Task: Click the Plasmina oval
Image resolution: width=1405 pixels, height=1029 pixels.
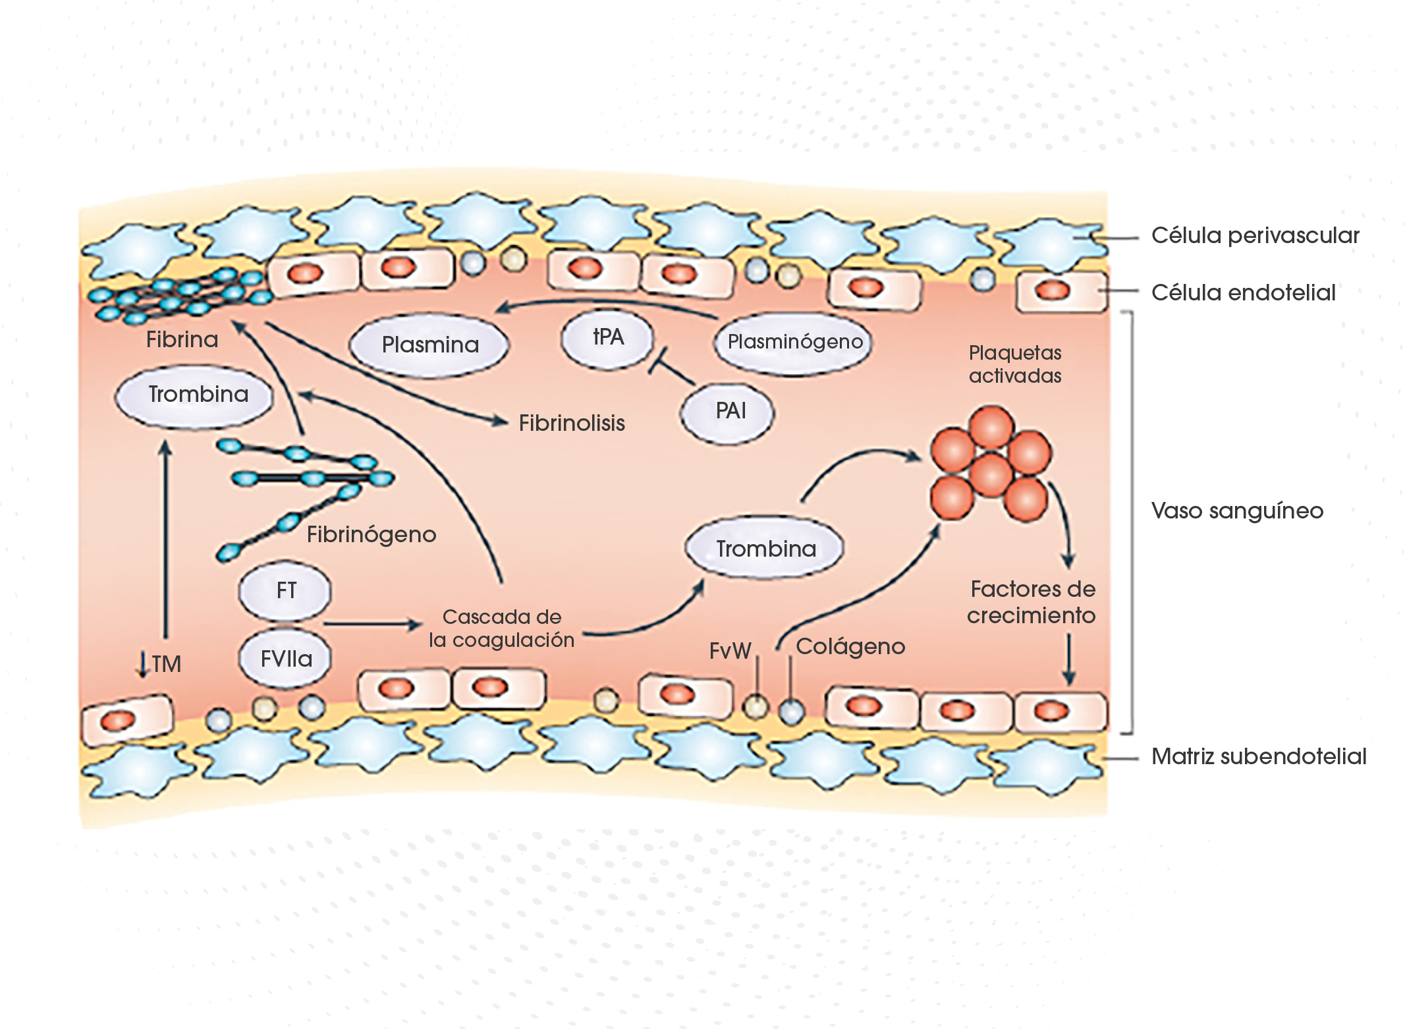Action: pos(429,345)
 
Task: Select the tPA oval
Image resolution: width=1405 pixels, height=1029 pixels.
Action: pos(607,337)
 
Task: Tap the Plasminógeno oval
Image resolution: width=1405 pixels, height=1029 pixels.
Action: pos(794,342)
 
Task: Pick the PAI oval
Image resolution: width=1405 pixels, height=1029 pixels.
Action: pos(730,412)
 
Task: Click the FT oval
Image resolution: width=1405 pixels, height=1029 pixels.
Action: pos(286,591)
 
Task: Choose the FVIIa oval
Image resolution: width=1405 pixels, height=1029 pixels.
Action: pos(286,659)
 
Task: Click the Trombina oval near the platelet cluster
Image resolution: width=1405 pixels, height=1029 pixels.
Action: pos(765,549)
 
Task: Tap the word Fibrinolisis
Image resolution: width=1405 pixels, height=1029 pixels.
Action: pos(571,423)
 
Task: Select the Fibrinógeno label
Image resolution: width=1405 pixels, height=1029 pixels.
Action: pos(372,534)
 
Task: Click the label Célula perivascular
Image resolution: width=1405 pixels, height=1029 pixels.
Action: pos(1255,236)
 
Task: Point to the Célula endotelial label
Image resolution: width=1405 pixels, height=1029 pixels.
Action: pos(1243,292)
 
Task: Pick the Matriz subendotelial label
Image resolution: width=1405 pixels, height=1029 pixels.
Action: pos(1258,756)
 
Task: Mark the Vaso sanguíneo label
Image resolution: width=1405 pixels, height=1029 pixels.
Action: pos(1237,511)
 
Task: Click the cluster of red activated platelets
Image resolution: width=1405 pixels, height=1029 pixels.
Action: pos(990,464)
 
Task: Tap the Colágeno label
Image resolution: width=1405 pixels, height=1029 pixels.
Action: pos(850,647)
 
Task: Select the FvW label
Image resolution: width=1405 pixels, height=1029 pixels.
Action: pos(730,651)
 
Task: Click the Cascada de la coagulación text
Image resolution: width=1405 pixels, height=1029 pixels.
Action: pos(501,628)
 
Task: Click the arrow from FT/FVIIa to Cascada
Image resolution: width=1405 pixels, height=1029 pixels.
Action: pos(372,624)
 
